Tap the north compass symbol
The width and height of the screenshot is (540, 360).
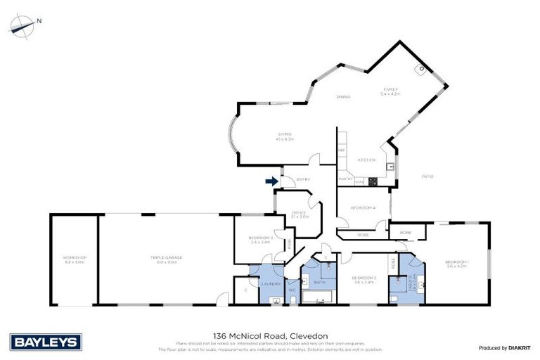22,26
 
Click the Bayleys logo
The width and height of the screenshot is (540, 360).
46,342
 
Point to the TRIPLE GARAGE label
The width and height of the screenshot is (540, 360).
166,258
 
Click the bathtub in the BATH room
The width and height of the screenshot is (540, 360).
319,300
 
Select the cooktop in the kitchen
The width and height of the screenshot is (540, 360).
373,181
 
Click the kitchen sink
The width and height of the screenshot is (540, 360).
389,166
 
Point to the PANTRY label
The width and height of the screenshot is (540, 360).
345,179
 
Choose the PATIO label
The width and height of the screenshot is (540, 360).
426,176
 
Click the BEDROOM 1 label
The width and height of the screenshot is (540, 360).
457,264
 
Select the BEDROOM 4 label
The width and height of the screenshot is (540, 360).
362,208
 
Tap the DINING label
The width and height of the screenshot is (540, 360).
343,96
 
